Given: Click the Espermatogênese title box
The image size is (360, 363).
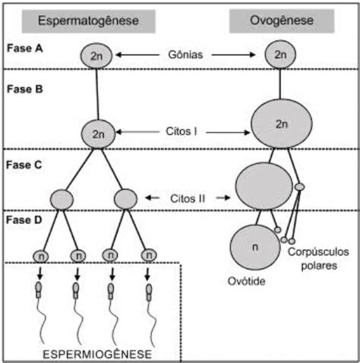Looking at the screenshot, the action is tap(89, 21).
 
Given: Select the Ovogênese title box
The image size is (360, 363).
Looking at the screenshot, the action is tap(282, 21).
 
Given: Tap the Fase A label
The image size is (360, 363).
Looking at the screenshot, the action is tap(24, 49).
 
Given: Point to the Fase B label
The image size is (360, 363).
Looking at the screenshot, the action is tap(25, 89).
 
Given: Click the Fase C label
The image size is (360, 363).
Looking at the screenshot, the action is tap(24, 165).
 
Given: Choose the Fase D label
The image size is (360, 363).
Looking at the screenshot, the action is tap(24, 220).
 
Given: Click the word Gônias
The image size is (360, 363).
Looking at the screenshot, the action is tap(185, 55).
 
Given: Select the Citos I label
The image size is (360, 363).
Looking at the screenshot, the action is tap(182, 131).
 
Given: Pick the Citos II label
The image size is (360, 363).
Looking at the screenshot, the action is tap(188, 199).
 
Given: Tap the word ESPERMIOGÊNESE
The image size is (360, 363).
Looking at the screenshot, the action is tap(97, 354).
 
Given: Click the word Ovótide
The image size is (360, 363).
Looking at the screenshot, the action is tap(246, 281).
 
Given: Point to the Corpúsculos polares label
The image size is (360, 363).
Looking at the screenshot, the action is tap(318, 259).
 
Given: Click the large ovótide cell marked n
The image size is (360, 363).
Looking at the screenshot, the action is tap(255, 248).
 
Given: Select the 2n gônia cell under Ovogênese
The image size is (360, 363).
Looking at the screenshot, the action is tap(280, 55).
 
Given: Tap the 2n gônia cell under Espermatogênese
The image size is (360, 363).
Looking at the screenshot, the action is tap(96, 55).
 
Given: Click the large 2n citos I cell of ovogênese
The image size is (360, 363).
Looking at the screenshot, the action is tap(282, 124).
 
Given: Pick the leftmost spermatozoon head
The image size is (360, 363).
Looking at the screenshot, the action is tap(39, 287).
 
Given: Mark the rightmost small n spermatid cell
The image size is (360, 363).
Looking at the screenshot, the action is tap(149, 255).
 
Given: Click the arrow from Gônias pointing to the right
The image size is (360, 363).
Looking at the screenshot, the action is tap(233, 55).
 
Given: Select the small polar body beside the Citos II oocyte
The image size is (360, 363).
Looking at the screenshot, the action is tap(299, 187).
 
